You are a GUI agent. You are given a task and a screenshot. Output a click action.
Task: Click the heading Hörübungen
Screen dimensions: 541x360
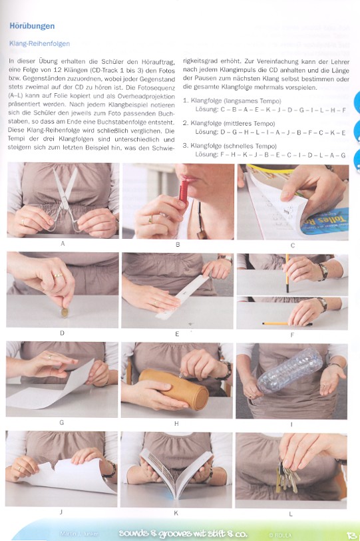(33, 26)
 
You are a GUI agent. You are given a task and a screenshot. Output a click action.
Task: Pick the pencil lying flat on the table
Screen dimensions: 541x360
(286, 323)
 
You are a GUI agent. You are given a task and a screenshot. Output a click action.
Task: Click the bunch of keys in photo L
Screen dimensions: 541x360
(287, 476)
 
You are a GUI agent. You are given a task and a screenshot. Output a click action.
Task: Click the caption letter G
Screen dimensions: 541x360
(62, 423)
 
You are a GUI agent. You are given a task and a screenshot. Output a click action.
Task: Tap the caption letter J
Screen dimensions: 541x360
(62, 512)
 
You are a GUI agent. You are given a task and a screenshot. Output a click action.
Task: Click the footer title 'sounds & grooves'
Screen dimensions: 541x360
(161, 533)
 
